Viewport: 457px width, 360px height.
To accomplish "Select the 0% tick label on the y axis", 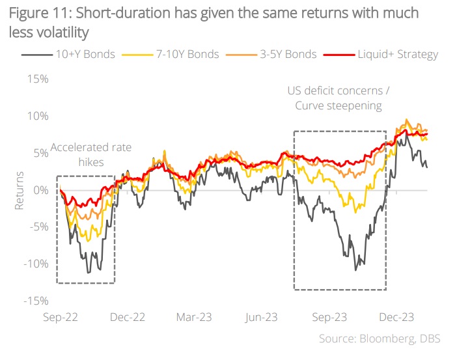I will [40, 190].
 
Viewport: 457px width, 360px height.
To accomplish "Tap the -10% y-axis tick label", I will [36, 264].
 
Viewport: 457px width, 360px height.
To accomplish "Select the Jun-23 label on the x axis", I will [262, 318].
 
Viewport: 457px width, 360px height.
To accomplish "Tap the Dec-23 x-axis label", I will [396, 318].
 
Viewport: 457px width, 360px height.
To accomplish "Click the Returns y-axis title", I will [20, 190].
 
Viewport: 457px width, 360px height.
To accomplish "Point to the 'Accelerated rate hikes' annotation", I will [90, 154].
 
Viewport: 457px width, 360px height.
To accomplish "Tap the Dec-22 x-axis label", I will [127, 318].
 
